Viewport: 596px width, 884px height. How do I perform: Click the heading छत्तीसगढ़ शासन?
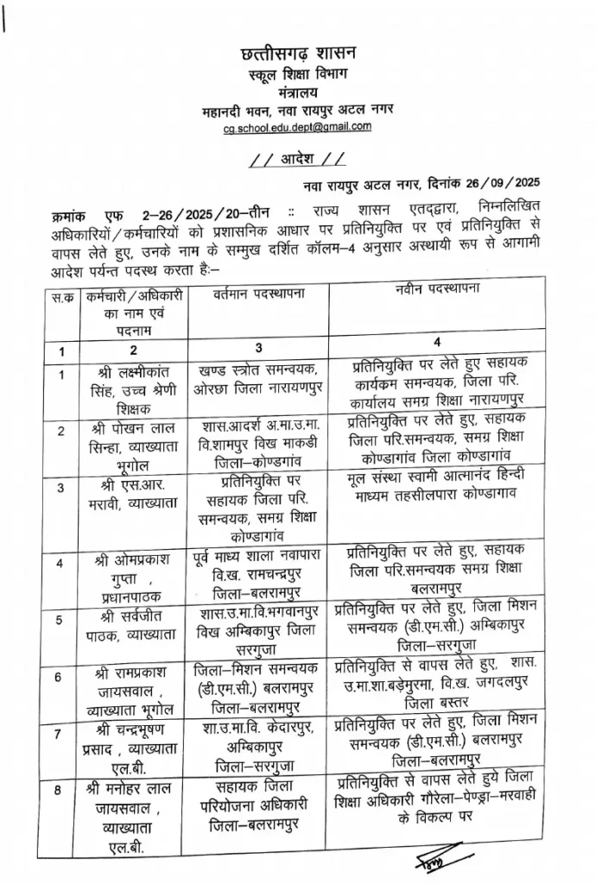[x=298, y=54]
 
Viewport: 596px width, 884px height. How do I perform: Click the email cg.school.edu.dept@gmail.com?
[x=298, y=127]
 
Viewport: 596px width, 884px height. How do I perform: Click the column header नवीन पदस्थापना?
[x=437, y=287]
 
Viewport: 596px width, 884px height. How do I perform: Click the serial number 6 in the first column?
[x=59, y=676]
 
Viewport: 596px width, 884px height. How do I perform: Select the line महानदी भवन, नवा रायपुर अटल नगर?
[x=298, y=110]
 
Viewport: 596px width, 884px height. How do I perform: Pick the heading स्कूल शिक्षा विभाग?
[x=298, y=74]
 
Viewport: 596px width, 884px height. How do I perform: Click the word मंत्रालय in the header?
[x=298, y=92]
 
